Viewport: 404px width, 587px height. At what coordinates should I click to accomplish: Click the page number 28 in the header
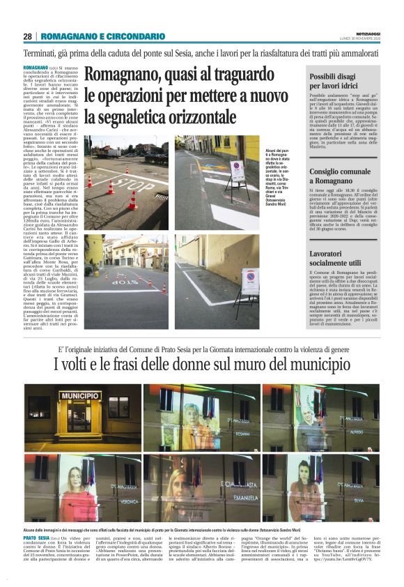coord(28,36)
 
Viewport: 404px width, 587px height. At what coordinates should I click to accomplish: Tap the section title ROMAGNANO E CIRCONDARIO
coord(102,36)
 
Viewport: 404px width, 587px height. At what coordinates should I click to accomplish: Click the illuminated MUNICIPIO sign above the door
coord(79,396)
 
